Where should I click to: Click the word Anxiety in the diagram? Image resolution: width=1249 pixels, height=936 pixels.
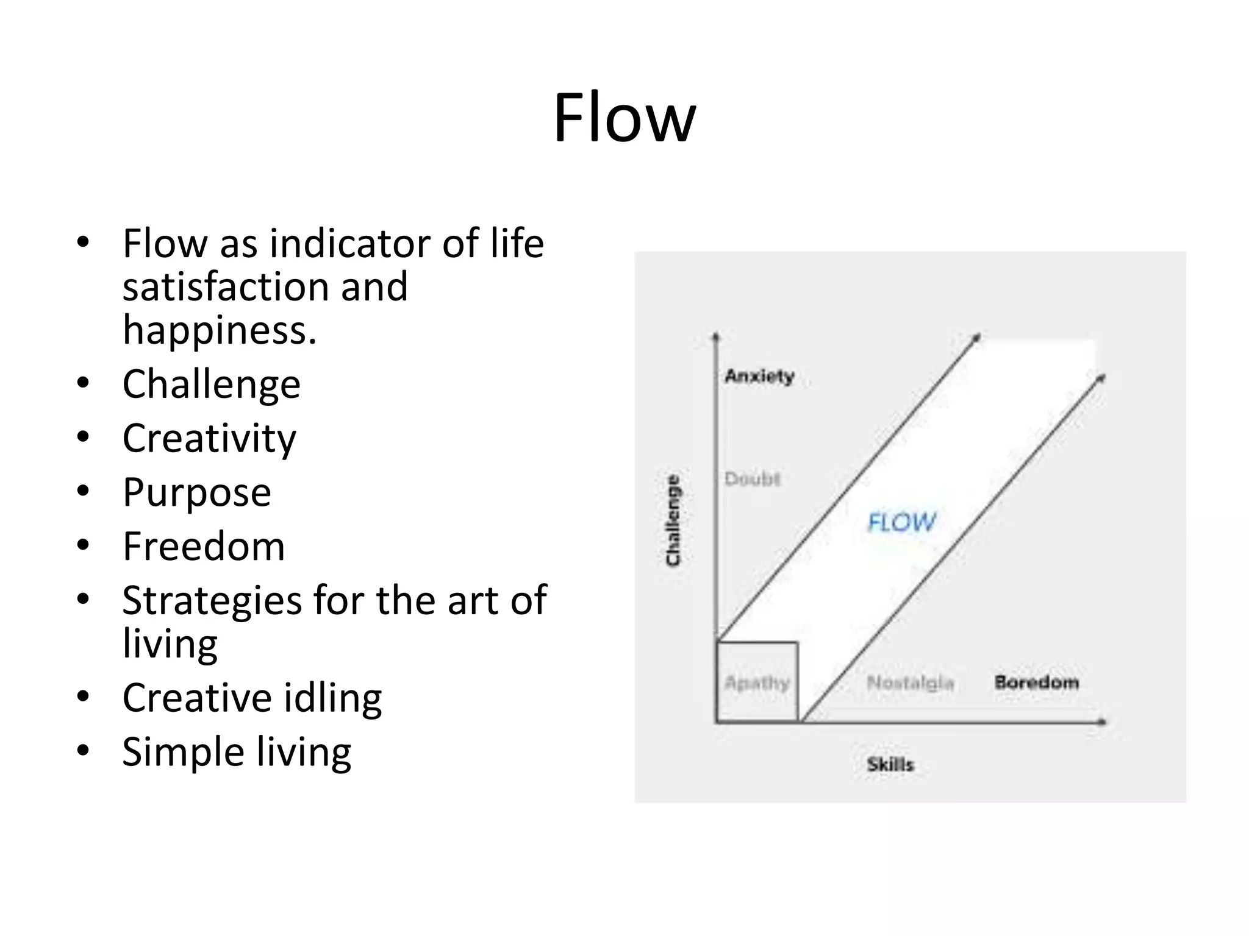click(x=759, y=376)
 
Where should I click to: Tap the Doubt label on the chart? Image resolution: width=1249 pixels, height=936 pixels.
click(x=752, y=479)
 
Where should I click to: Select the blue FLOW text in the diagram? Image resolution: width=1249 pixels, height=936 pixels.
click(x=901, y=522)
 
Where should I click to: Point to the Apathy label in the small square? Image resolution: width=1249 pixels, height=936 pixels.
click(x=757, y=682)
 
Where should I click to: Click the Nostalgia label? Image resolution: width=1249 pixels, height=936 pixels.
click(x=910, y=682)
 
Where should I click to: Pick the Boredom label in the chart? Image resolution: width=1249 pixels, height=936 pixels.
click(x=1036, y=682)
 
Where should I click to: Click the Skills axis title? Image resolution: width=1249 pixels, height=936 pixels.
click(x=890, y=764)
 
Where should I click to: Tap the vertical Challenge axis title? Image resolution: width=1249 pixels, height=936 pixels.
click(x=673, y=520)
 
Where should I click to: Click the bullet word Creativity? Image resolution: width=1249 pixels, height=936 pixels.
click(x=209, y=438)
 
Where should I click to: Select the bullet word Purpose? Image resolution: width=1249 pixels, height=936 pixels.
click(x=196, y=492)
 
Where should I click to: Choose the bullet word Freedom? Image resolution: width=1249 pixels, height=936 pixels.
click(x=204, y=546)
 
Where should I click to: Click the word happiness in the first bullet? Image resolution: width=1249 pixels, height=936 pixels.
click(x=219, y=330)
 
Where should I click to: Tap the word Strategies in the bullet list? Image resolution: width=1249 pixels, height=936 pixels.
click(x=212, y=600)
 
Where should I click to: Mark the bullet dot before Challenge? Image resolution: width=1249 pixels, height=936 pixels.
click(x=83, y=384)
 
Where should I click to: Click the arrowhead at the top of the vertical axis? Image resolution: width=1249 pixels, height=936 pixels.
click(x=716, y=336)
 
